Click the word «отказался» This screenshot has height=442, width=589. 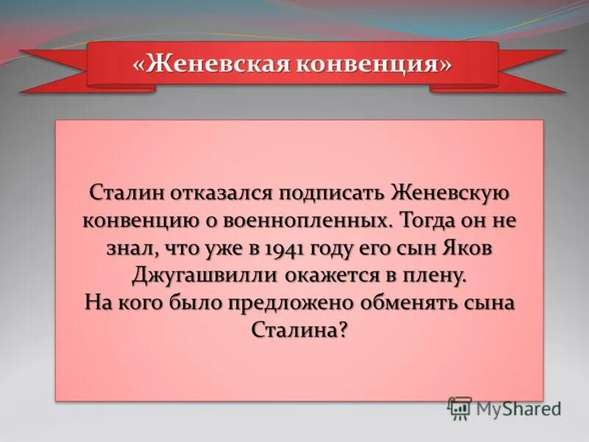click(x=213, y=194)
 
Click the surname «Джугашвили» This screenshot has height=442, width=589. click(x=203, y=276)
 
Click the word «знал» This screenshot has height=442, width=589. click(x=118, y=248)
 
